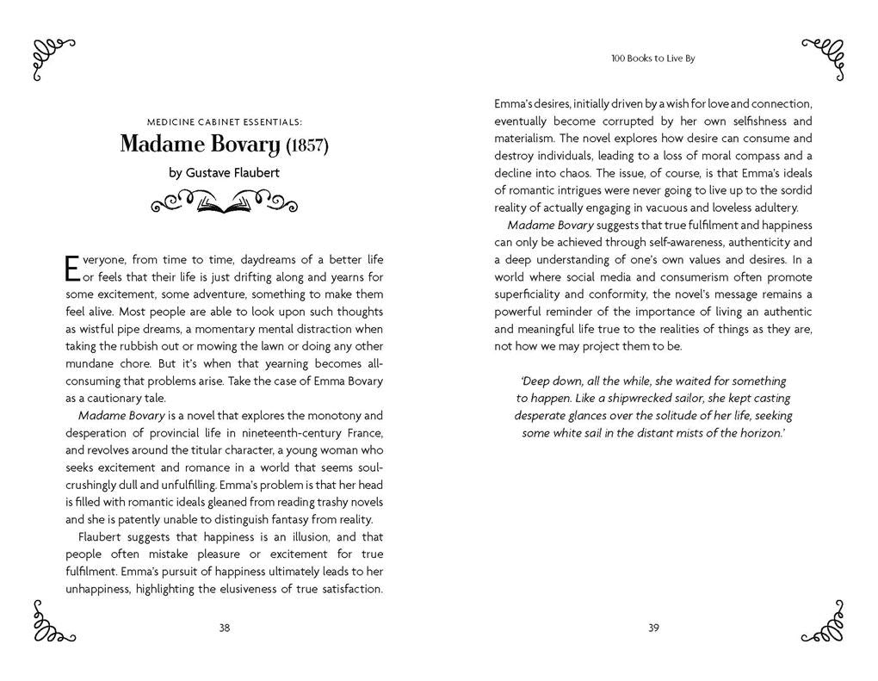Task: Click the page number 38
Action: coord(224,628)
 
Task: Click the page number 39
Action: coord(653,628)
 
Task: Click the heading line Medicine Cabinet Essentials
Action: coord(224,121)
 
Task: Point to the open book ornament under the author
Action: coord(224,205)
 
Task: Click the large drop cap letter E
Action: coord(72,268)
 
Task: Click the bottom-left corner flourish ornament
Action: coord(52,621)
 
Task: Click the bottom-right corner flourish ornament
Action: coord(824,621)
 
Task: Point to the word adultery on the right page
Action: coord(774,207)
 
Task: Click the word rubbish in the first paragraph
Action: coord(146,346)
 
